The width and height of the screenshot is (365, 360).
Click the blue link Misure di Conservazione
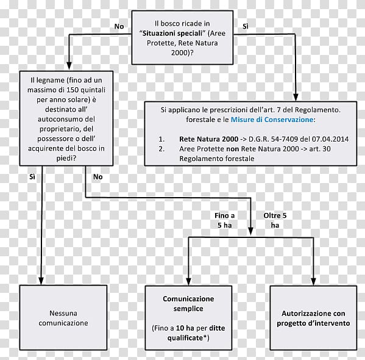tap(272, 120)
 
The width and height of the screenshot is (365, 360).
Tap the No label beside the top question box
tap(119, 26)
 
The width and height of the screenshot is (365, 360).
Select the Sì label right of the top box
tap(246, 26)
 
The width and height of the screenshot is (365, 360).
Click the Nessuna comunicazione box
tap(63, 317)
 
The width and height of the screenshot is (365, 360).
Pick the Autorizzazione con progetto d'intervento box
tap(313, 318)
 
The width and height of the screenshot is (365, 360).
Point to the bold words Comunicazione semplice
tap(188, 304)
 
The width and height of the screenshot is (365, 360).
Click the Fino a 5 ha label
tap(224, 220)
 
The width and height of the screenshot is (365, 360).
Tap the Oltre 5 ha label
tap(275, 220)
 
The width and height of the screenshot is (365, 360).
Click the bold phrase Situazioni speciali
tap(172, 34)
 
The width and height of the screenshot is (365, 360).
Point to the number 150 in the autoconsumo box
tap(73, 90)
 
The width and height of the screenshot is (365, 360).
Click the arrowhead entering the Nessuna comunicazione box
tap(41, 281)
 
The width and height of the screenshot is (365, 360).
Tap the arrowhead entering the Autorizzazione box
tap(313, 282)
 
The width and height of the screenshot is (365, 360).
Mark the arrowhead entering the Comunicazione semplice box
tap(188, 282)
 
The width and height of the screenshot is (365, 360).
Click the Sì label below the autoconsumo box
tap(32, 177)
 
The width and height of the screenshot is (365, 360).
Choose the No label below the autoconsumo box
tap(97, 177)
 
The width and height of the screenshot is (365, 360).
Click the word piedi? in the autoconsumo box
tap(66, 158)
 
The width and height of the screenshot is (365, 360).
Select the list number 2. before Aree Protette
tap(161, 149)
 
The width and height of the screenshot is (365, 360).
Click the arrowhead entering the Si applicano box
tap(296, 98)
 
